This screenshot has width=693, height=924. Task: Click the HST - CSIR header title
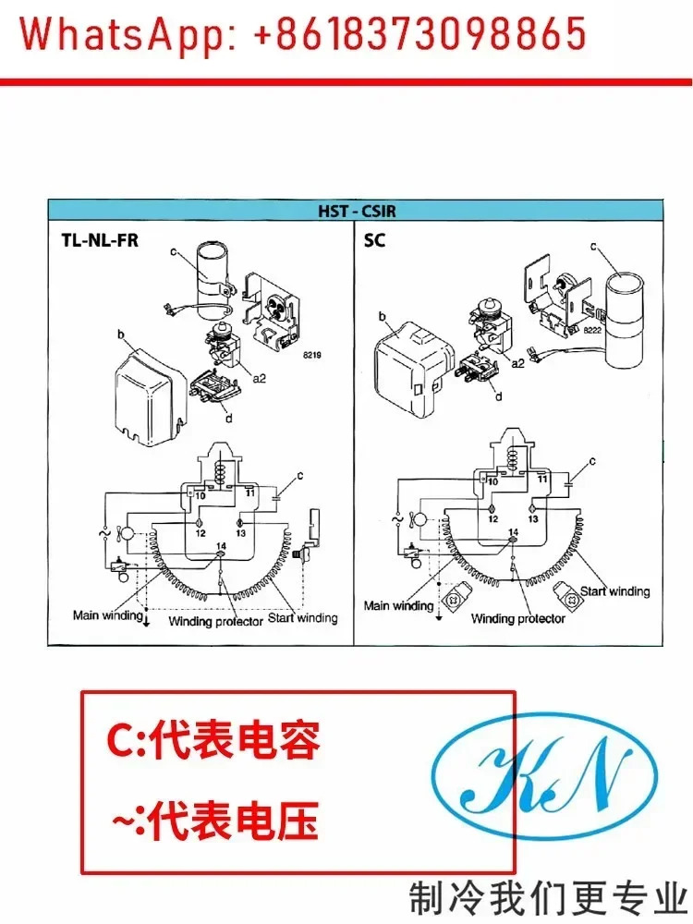tap(357, 211)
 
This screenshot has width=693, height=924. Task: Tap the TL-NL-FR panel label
tap(100, 240)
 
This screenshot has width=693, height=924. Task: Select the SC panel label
tap(374, 240)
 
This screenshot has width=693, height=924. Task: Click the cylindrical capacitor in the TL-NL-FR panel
tap(213, 274)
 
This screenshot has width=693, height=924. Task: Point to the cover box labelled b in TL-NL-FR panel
tap(151, 396)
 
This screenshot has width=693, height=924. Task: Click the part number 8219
tap(311, 355)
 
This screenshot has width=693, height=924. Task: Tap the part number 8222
tap(591, 330)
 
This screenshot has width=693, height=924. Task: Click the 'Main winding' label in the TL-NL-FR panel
tap(108, 615)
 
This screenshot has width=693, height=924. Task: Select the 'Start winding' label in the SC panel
tap(614, 591)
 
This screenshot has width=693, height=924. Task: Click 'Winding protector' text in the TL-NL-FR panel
tap(215, 621)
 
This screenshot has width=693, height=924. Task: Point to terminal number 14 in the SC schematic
tap(513, 532)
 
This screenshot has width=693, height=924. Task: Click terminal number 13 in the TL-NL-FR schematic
tap(240, 533)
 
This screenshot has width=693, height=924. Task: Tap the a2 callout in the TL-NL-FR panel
tap(259, 378)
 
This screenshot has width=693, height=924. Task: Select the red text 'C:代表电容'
tap(213, 739)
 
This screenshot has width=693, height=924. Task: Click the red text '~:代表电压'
tap(215, 820)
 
